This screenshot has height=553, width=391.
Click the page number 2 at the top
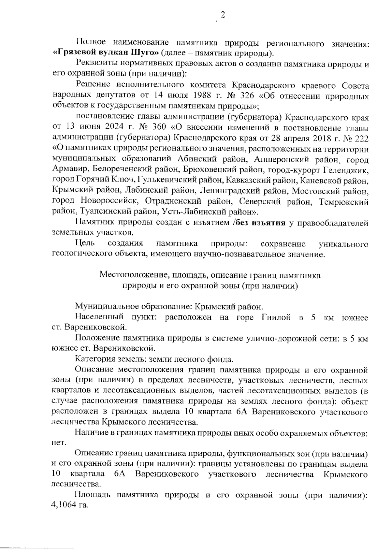[223, 15]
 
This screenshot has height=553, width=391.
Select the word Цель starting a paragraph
[85, 244]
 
